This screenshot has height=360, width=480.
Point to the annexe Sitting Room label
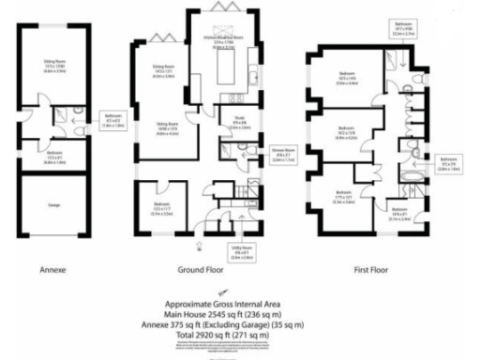[57, 67]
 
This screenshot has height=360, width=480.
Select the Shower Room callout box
[281, 155]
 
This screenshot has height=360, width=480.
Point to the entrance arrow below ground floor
[200, 247]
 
